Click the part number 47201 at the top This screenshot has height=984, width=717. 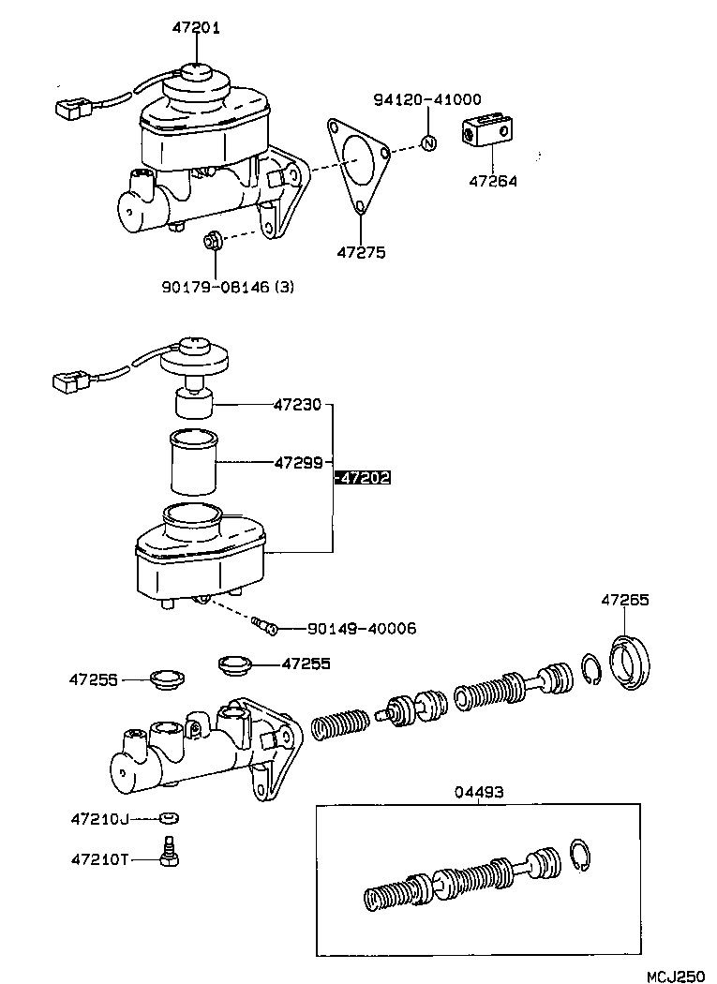(x=196, y=28)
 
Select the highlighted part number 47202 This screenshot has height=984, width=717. (x=363, y=478)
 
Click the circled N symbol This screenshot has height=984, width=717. (x=427, y=143)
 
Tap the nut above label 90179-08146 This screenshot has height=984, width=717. (x=213, y=243)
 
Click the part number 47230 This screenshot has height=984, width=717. (x=298, y=405)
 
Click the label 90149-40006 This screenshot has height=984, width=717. (x=351, y=629)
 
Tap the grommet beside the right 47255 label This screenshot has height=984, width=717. (x=234, y=665)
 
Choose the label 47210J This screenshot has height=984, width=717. (x=98, y=818)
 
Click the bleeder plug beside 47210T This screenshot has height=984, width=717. (x=171, y=852)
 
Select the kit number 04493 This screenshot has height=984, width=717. (x=479, y=792)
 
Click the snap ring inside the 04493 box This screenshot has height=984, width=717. (x=581, y=857)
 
